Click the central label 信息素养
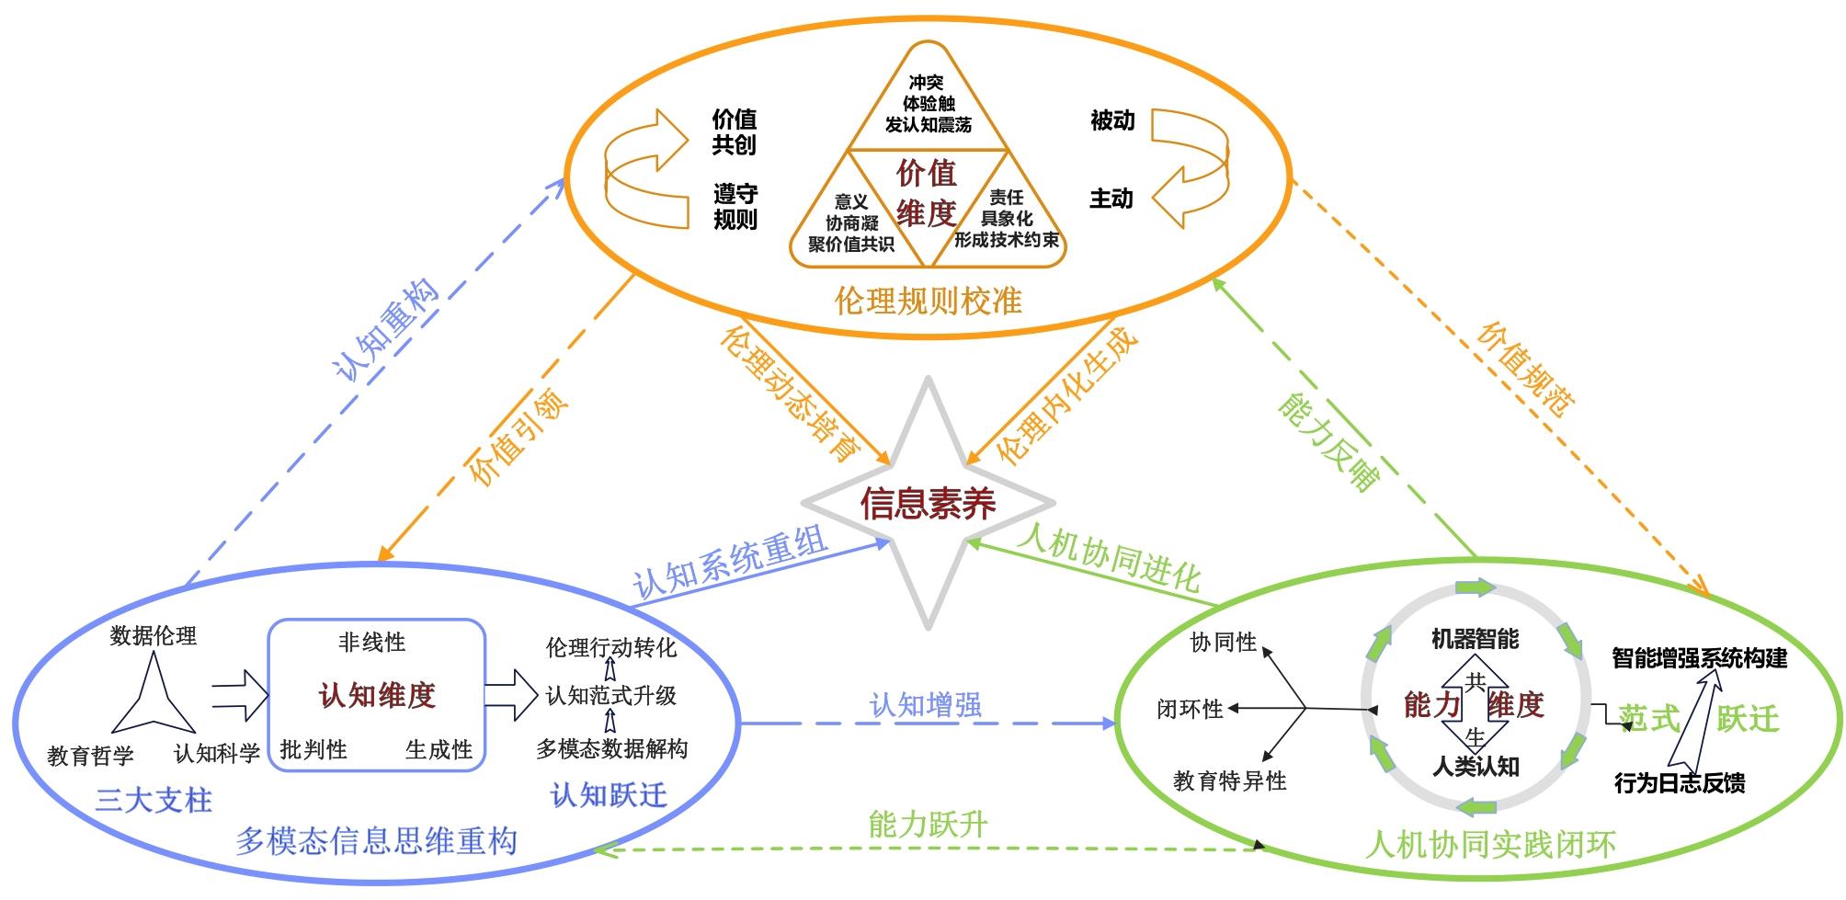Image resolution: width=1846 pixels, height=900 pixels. pos(928,504)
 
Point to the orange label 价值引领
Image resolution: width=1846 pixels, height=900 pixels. pos(518,438)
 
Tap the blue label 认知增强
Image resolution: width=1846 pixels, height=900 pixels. pos(926,705)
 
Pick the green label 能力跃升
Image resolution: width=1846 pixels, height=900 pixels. pos(928,824)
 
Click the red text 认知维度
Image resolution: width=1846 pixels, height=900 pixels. pos(377,695)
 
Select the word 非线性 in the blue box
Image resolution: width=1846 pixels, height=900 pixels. pos(371,642)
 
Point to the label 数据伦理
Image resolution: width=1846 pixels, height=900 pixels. pos(153,635)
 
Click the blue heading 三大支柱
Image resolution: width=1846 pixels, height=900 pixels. pos(154,799)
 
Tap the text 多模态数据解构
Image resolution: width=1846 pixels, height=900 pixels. pos(611,748)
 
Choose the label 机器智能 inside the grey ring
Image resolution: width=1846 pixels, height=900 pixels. pos(1475,639)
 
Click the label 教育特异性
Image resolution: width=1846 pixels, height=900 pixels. pos(1229,781)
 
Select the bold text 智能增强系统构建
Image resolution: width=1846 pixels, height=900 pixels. pos(1699,658)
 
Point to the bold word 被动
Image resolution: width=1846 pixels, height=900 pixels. pos(1112,120)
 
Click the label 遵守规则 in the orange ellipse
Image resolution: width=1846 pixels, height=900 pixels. pos(735,207)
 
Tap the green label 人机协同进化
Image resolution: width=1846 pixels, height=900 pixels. pos(1108,557)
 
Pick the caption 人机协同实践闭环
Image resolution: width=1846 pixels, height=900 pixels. pos(1490,844)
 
